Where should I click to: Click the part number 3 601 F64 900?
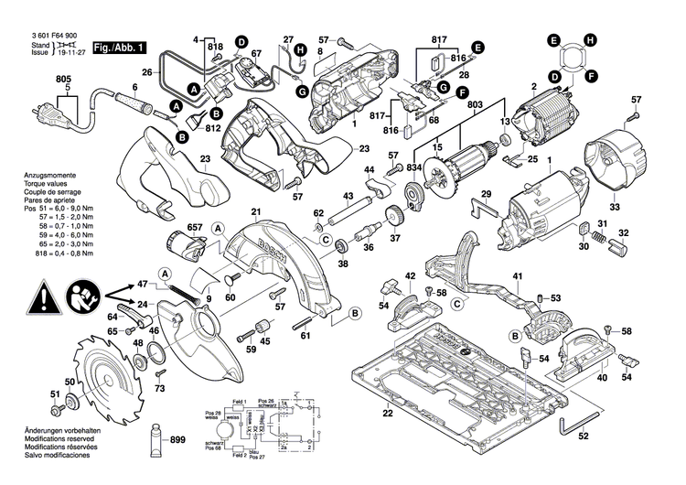click(x=42, y=35)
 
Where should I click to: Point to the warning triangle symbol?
click(x=44, y=296)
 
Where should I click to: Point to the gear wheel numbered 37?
click(x=396, y=218)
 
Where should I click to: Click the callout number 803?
click(x=474, y=107)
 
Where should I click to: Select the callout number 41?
click(x=517, y=276)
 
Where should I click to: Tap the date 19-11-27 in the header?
click(x=66, y=54)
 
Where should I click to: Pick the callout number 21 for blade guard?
click(x=256, y=213)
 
